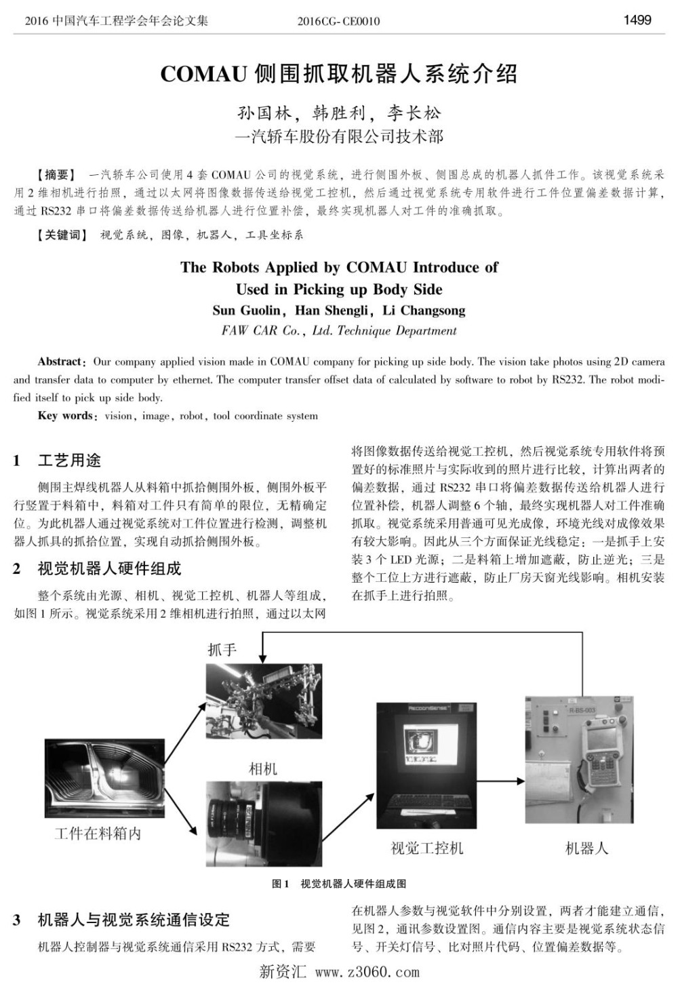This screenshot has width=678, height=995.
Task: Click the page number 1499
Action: coord(637,20)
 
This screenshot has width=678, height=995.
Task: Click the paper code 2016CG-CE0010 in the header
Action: coord(338,21)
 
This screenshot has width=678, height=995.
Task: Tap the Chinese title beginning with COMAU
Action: coord(338,73)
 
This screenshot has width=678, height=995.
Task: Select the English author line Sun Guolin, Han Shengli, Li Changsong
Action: coord(338,311)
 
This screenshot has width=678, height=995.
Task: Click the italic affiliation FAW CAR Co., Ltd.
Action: coord(338,331)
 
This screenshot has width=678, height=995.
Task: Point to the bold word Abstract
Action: coord(61,362)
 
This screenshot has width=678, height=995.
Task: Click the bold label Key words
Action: coord(66,416)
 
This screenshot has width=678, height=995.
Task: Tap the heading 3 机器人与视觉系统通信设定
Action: coord(121,920)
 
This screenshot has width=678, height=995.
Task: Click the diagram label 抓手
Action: coord(222,650)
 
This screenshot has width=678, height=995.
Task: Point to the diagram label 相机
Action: coord(263,768)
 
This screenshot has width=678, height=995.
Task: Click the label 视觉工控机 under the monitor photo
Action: coord(427,848)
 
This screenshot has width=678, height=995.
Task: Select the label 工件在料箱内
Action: coord(98,834)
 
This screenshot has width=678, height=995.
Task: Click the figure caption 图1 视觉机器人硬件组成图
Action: coord(338,884)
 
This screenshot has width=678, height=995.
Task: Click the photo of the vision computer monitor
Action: coord(427,764)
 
